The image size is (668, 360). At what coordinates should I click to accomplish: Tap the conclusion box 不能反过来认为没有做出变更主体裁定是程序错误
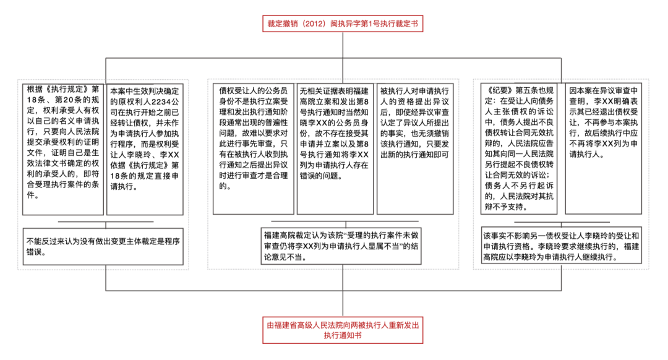tap(103, 246)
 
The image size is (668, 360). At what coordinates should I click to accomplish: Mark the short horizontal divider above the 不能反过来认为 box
tap(103, 221)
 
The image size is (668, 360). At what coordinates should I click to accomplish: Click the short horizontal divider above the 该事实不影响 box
tap(562, 221)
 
